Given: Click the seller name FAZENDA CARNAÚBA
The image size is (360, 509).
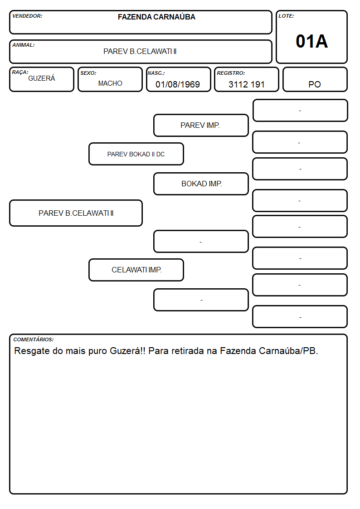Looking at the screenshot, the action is pos(156,17).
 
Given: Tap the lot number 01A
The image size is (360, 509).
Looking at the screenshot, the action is pos(311,41).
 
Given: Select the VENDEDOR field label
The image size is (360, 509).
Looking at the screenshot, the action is pos(27,16).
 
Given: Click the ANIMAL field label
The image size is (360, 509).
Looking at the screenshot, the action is pos(24,45).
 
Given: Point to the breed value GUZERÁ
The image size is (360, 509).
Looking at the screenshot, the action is pos(42,78).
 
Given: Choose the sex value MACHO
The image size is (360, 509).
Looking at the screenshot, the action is pos(110,83).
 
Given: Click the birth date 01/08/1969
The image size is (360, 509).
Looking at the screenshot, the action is pos(178,84).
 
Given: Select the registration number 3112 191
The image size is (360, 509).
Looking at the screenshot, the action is pos(246,84).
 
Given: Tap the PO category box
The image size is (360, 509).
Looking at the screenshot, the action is pos(315,79).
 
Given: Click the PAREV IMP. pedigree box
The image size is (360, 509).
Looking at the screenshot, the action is pos(201,125).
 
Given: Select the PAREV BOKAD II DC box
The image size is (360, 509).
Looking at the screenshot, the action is pos(136,154).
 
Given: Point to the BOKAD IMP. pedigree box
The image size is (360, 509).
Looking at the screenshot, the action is pos(201,184).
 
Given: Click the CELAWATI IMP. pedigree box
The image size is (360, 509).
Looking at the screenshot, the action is pos(136,270).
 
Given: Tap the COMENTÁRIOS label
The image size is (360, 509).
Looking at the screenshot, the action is pos(34,339).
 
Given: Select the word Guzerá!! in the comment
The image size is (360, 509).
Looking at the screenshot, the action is pos(127,351).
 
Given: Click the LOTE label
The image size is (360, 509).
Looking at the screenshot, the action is pos(286,16).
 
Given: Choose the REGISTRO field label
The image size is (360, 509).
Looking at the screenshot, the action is pos(231,73).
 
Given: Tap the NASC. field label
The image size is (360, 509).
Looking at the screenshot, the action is pos(156,73).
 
